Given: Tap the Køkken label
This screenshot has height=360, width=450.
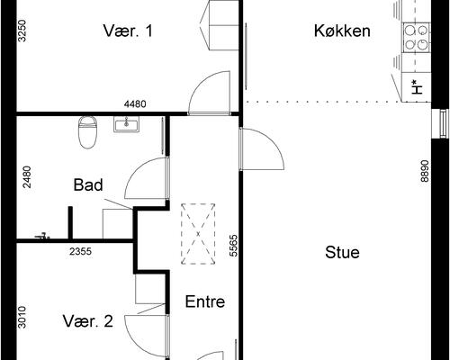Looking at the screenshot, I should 342,31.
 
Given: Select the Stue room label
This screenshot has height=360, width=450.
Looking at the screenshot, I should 342,252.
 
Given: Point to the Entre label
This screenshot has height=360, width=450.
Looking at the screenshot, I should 204,301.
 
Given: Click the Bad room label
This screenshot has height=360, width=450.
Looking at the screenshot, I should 88,185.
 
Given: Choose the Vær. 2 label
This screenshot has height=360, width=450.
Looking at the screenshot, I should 88,321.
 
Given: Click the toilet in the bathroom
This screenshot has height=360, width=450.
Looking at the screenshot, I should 87,130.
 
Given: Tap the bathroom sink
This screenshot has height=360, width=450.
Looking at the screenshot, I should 125,124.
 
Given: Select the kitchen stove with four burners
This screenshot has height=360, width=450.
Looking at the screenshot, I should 416,36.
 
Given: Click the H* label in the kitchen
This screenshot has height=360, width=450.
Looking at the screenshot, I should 414,87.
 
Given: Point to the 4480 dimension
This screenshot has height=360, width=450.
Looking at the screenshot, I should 135,104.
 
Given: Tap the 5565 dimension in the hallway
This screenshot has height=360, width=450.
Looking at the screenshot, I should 232,247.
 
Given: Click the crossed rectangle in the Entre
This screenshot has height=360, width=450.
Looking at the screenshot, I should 199,234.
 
